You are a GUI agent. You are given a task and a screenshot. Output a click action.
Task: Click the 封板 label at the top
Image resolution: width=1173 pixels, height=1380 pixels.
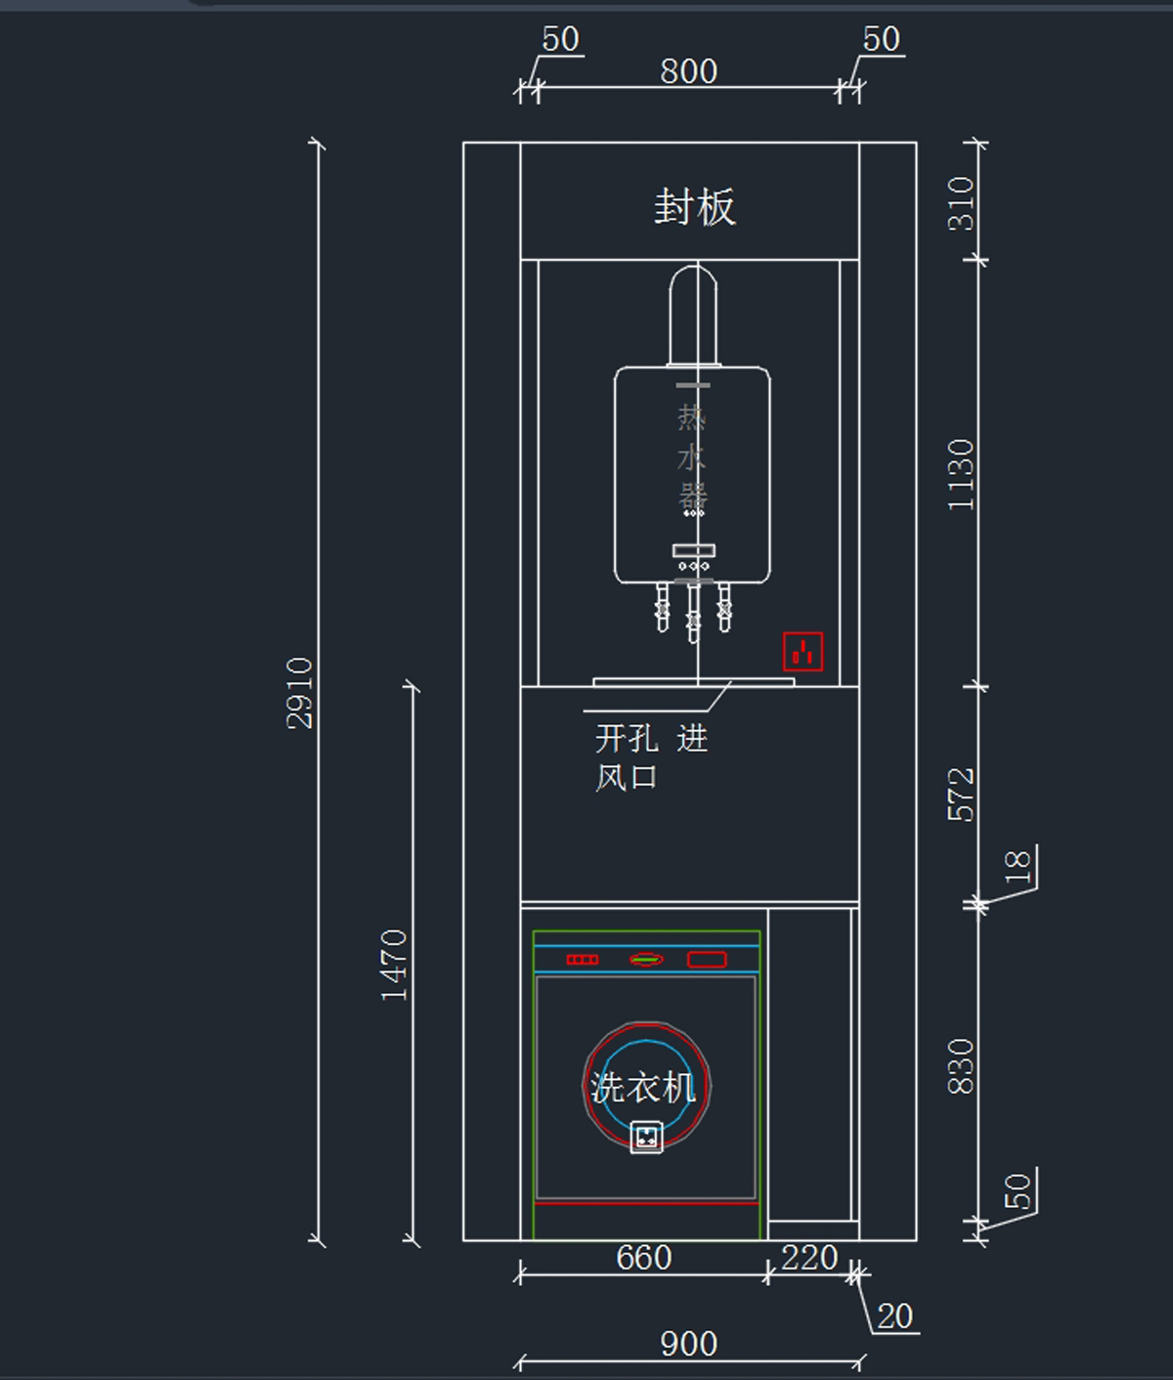pos(694,207)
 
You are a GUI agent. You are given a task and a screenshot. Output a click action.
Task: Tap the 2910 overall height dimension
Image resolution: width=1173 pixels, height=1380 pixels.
pos(299,692)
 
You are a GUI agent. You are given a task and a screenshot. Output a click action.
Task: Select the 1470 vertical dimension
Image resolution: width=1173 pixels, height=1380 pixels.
pos(393,964)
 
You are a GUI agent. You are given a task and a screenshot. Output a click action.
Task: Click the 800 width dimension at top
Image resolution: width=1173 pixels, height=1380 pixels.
pos(688,71)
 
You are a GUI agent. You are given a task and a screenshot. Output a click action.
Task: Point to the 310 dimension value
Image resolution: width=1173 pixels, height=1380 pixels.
pos(961,203)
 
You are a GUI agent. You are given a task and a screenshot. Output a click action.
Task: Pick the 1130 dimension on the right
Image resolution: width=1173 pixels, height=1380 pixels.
pos(961,474)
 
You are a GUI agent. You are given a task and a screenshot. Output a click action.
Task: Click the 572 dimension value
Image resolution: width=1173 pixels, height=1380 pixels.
pos(961,794)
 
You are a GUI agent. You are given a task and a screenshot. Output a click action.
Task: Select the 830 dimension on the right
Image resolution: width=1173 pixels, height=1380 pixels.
pos(961,1065)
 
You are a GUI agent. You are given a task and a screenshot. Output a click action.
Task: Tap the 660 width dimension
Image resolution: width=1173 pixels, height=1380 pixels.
pos(643,1257)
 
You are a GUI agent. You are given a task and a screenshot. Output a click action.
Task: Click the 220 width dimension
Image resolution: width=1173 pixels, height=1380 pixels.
pos(809,1257)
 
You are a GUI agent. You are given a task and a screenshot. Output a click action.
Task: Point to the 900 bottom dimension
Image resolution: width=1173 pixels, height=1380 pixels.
pos(688,1344)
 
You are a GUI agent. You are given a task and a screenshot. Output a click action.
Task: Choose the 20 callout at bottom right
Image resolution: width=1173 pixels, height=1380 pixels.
pos(894,1316)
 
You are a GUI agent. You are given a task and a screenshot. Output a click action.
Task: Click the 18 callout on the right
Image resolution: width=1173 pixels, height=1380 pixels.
pos(1018,866)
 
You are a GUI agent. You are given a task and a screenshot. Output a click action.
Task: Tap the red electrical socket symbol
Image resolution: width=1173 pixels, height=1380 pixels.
pos(803,652)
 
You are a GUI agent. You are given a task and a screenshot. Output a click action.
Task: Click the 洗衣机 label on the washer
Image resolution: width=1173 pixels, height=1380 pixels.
pos(642,1087)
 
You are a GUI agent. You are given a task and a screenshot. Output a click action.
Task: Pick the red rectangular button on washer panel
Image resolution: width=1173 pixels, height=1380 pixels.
pos(706,960)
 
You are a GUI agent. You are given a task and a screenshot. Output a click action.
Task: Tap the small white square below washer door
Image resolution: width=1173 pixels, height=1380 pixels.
pos(646,1138)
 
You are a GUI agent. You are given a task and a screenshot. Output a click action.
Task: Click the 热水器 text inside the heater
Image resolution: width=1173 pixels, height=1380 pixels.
pos(692,457)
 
